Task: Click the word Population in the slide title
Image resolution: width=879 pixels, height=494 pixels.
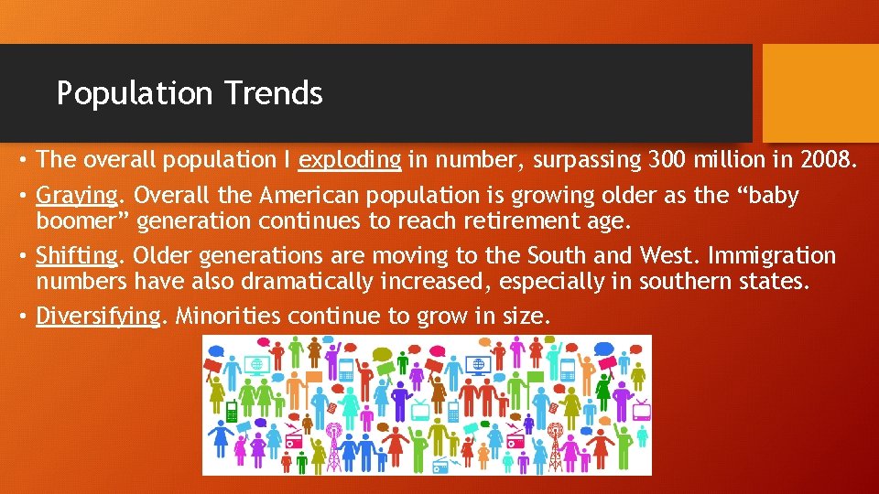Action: (134, 93)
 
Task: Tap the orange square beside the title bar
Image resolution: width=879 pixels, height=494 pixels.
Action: (819, 92)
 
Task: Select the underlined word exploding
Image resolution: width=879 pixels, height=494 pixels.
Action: (350, 161)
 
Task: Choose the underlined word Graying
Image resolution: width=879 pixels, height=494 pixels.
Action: (78, 197)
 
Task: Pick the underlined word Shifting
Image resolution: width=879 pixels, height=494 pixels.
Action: (78, 256)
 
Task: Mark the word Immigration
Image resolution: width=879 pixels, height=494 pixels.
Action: (781, 255)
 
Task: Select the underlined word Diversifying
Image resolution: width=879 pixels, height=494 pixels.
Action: (98, 317)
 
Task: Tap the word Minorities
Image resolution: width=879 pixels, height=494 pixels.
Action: (228, 317)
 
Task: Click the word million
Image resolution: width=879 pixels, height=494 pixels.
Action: (743, 160)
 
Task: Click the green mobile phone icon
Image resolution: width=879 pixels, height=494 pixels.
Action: (232, 413)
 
